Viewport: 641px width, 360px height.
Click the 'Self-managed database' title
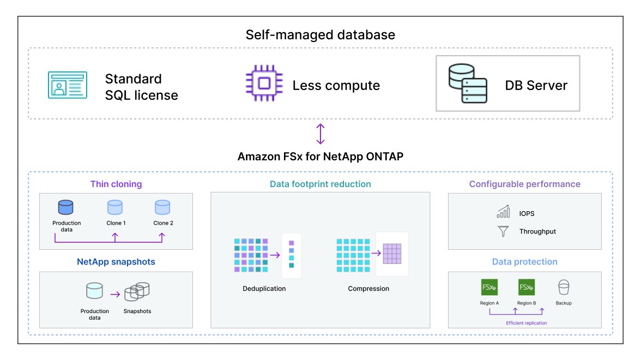320,35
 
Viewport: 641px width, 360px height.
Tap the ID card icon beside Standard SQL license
67,85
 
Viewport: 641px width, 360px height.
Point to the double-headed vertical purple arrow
320,134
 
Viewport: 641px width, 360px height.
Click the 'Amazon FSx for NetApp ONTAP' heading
320,157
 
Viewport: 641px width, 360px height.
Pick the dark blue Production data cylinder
66,208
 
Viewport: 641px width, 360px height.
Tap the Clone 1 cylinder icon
115,208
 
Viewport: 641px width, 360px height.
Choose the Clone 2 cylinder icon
162,208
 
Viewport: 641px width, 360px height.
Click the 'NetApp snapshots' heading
116,262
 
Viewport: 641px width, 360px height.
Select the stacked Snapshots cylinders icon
137,292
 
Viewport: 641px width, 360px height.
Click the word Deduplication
264,289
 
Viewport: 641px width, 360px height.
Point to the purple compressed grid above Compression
391,253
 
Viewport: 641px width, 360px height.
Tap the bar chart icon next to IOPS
503,212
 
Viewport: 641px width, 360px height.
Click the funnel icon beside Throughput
503,231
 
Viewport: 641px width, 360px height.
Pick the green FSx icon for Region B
527,287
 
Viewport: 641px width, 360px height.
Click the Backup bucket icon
564,287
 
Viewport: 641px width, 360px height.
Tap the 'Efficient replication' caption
526,323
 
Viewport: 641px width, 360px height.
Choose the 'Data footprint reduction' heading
320,184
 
